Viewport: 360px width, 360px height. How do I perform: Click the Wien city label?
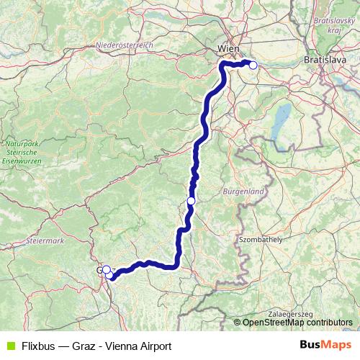pos(230,49)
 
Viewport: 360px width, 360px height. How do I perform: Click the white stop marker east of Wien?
pos(253,65)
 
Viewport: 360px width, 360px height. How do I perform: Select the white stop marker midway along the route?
pos(191,201)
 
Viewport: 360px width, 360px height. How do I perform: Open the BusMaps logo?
pos(326,345)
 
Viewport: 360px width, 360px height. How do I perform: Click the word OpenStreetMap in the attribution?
pos(274,323)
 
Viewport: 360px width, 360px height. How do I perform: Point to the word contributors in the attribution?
pos(330,323)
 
